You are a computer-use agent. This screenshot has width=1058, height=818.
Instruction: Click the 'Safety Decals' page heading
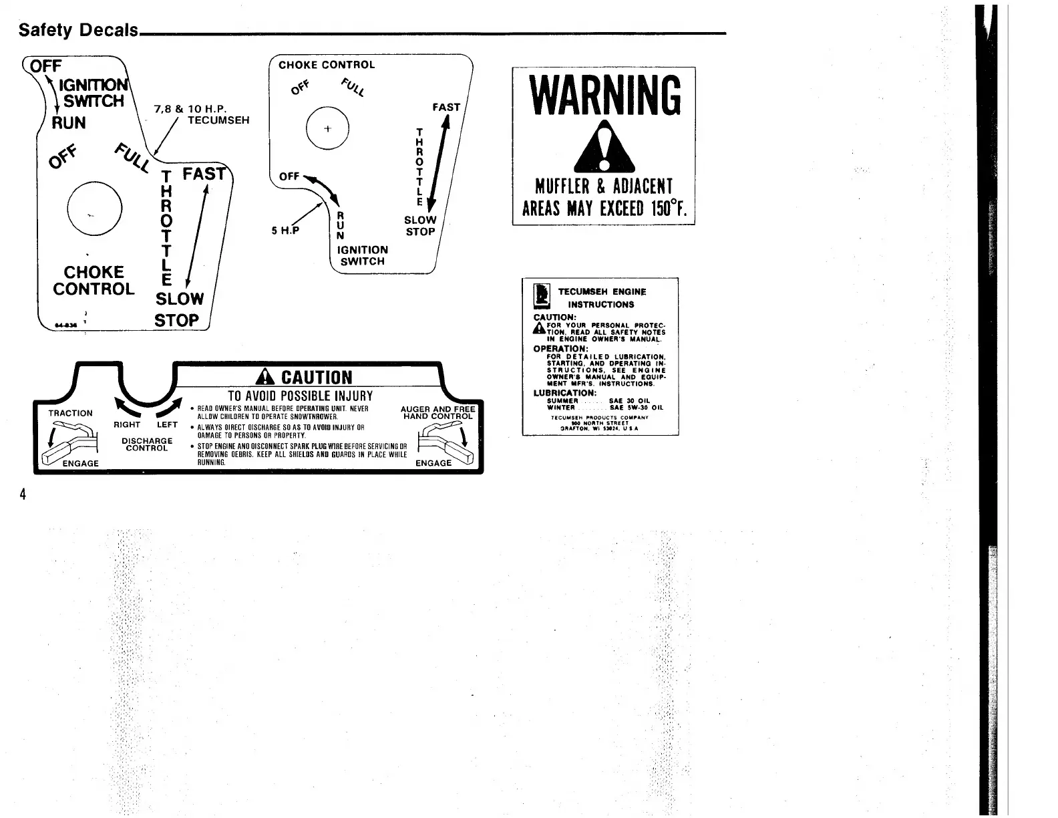pos(78,30)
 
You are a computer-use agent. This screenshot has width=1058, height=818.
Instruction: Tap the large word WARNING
pos(604,95)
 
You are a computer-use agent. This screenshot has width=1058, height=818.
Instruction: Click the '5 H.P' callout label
pos(285,231)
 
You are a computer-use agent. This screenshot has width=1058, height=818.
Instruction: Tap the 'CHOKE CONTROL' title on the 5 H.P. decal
pos(327,65)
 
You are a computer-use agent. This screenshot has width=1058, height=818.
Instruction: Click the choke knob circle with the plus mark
pos(327,128)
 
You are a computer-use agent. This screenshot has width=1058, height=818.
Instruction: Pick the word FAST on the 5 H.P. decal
pos(446,107)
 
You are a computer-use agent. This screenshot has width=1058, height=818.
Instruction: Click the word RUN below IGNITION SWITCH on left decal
pos(69,123)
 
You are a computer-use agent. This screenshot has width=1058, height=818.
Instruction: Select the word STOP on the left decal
pos(176,320)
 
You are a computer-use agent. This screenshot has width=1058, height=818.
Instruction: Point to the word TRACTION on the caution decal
pos(70,413)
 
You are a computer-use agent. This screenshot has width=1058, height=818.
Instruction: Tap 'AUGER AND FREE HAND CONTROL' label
pos(437,412)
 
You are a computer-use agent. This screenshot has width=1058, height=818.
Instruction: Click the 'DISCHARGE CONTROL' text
pos(147,444)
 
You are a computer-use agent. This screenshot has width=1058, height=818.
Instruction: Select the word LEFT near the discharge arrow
pos(167,424)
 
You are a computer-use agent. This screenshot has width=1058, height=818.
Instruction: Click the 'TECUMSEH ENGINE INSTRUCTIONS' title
pos(601,298)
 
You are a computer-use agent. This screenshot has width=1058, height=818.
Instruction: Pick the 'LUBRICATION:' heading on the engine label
pos(564,393)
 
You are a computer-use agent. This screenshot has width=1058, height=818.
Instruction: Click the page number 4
pos(22,495)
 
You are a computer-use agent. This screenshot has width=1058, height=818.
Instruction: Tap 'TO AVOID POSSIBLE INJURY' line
pos(301,396)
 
